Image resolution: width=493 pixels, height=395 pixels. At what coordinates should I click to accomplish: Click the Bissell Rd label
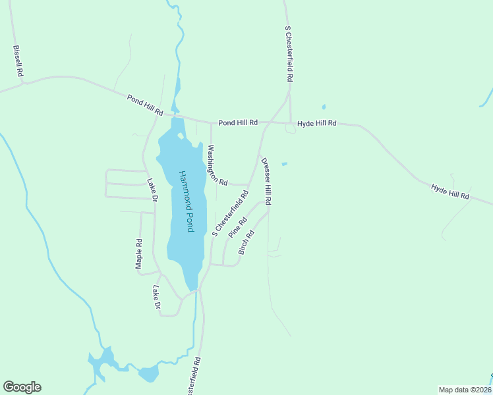[18, 62]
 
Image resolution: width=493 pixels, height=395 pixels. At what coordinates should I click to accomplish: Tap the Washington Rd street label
[217, 165]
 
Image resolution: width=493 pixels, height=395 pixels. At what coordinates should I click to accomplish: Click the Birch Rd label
[246, 243]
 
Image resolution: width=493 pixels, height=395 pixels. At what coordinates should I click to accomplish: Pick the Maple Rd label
[139, 253]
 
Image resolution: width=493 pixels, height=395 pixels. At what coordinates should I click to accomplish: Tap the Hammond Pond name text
[186, 201]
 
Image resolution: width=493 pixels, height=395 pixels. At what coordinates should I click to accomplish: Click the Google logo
[22, 387]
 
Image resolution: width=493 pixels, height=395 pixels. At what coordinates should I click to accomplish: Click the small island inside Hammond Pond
[181, 136]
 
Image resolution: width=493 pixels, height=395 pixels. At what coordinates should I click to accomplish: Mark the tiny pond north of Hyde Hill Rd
[323, 107]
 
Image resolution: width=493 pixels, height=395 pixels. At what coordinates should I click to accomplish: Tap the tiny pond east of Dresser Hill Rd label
[284, 164]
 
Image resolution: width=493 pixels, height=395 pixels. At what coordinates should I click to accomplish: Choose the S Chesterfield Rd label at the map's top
[289, 54]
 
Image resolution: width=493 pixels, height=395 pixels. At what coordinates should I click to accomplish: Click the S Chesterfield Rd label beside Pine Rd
[229, 213]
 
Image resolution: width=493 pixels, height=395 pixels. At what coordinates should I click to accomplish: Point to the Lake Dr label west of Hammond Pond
[152, 192]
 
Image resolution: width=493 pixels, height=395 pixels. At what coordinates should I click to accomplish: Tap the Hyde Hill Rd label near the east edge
[450, 192]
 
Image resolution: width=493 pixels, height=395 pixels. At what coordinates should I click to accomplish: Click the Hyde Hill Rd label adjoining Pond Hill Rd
[317, 123]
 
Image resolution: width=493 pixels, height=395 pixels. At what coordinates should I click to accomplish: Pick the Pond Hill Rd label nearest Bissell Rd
[145, 105]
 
